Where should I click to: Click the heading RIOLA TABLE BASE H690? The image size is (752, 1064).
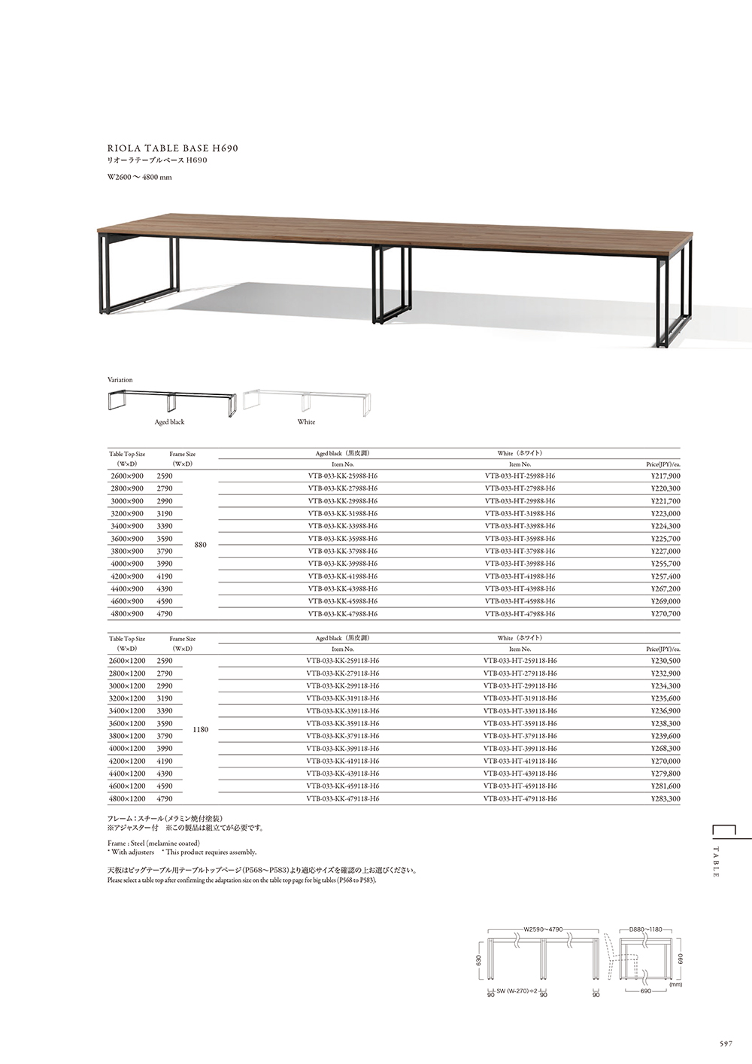[173, 148]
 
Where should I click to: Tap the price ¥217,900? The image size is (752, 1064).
[666, 476]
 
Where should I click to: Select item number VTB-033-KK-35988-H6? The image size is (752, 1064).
[343, 539]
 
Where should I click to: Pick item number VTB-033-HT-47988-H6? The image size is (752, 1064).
[520, 614]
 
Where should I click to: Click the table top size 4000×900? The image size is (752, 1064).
[126, 564]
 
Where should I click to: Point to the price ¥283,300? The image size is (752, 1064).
[666, 798]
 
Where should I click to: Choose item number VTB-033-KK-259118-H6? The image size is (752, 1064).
[343, 661]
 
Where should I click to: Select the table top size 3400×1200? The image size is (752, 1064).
[127, 711]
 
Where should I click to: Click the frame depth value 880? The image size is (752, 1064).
[200, 545]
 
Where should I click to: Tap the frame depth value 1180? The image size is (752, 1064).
[201, 729]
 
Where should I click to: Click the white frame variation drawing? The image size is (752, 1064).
[307, 402]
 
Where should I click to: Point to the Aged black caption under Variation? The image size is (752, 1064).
[169, 422]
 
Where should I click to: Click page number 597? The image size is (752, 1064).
[725, 1044]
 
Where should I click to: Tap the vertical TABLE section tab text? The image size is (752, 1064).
[716, 862]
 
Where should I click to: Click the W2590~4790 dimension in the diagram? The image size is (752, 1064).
[543, 929]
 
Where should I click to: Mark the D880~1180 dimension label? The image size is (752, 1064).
[645, 929]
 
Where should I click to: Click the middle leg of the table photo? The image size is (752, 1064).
[391, 286]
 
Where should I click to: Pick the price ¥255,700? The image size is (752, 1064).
[666, 564]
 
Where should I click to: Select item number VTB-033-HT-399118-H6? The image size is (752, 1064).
[520, 749]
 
